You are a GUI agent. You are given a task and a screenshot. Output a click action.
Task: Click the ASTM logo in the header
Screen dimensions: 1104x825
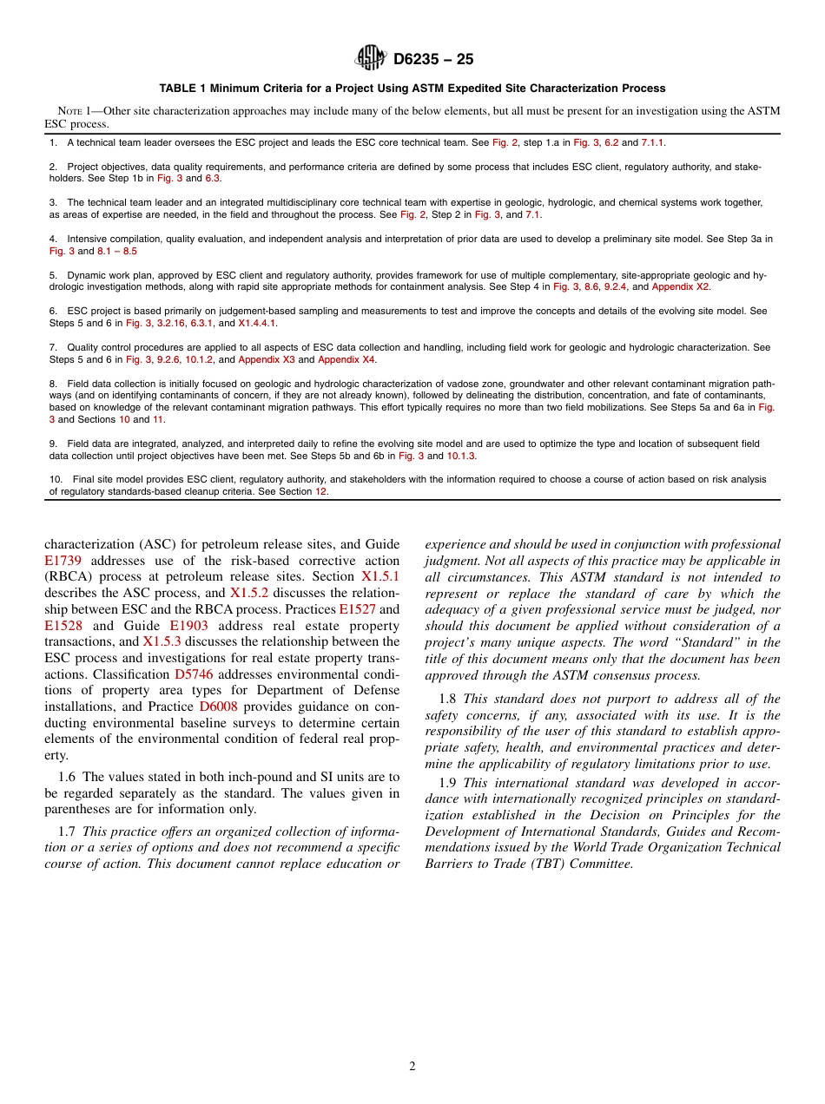click(x=371, y=58)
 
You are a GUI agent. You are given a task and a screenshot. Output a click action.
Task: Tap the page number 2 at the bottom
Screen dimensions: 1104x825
click(x=412, y=1067)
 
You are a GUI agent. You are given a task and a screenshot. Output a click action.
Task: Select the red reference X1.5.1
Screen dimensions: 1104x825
click(x=380, y=576)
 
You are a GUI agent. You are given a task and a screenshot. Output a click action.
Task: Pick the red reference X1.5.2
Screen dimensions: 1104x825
click(x=249, y=593)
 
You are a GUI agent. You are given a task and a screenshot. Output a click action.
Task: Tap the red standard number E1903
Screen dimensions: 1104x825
click(x=188, y=626)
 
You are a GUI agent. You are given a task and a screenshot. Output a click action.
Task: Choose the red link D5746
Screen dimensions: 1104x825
click(x=194, y=674)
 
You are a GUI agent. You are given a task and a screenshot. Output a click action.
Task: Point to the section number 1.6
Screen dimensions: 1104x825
click(x=68, y=777)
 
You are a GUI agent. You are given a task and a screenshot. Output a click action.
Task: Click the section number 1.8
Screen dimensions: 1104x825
click(x=448, y=699)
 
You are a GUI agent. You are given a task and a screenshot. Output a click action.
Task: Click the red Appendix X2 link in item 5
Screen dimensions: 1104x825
click(x=680, y=286)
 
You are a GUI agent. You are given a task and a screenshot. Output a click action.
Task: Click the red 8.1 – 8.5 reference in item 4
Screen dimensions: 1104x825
click(x=117, y=251)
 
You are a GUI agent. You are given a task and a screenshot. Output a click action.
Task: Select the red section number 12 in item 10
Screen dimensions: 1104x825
click(x=321, y=491)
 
